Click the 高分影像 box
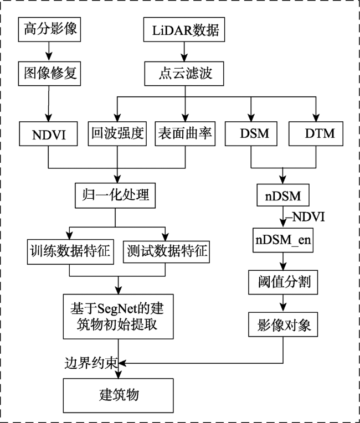50,30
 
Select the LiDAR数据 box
185,30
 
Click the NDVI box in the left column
49,134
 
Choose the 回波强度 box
117,134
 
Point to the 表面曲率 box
184,134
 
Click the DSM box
251,134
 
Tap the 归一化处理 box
116,195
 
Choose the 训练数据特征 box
69,251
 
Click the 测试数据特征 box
166,251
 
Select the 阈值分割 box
284,283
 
